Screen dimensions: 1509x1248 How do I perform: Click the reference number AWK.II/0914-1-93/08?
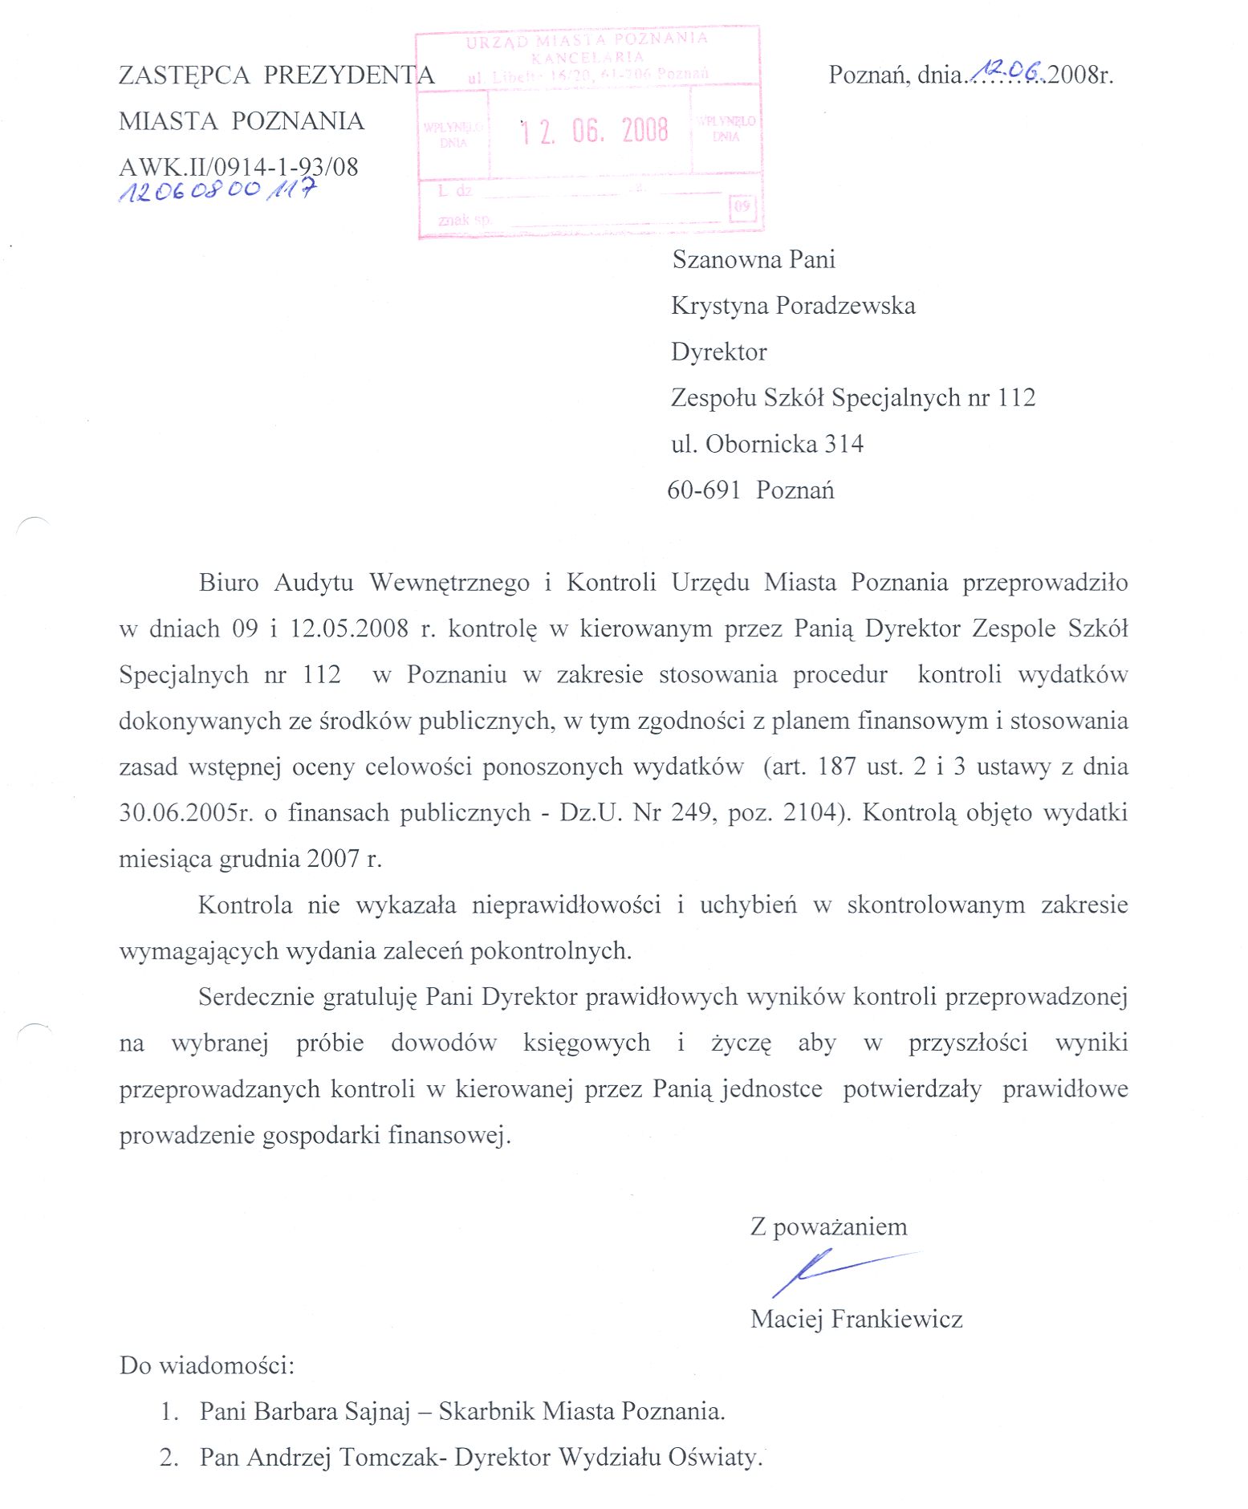pyautogui.click(x=238, y=167)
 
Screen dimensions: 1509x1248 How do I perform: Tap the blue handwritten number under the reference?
pyautogui.click(x=217, y=191)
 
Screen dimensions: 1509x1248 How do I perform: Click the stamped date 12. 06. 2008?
pyautogui.click(x=593, y=130)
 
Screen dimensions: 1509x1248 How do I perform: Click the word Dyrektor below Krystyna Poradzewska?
pyautogui.click(x=718, y=352)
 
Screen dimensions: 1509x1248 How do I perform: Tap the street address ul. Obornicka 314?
pyautogui.click(x=767, y=444)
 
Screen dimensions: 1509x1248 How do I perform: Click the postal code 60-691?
pyautogui.click(x=704, y=490)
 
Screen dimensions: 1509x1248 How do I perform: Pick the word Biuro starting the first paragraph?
pyautogui.click(x=229, y=582)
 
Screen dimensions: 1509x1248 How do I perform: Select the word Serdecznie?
pyautogui.click(x=256, y=997)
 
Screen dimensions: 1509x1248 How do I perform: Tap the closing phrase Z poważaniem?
pyautogui.click(x=828, y=1226)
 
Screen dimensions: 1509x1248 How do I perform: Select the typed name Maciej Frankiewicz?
pyautogui.click(x=856, y=1319)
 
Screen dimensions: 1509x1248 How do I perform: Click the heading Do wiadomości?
pyautogui.click(x=207, y=1365)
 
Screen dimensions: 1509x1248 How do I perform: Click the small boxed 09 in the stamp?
pyautogui.click(x=742, y=206)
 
